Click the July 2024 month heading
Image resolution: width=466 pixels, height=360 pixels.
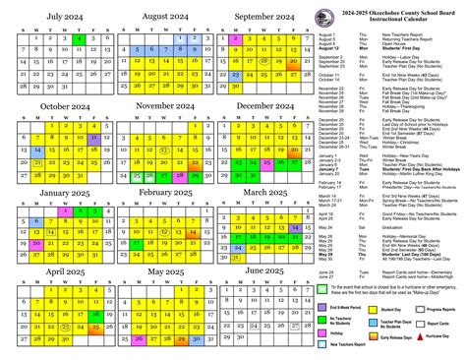(x=54, y=17)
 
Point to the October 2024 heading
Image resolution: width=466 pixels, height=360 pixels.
(x=54, y=105)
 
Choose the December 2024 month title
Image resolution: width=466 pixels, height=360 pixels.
(x=267, y=105)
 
